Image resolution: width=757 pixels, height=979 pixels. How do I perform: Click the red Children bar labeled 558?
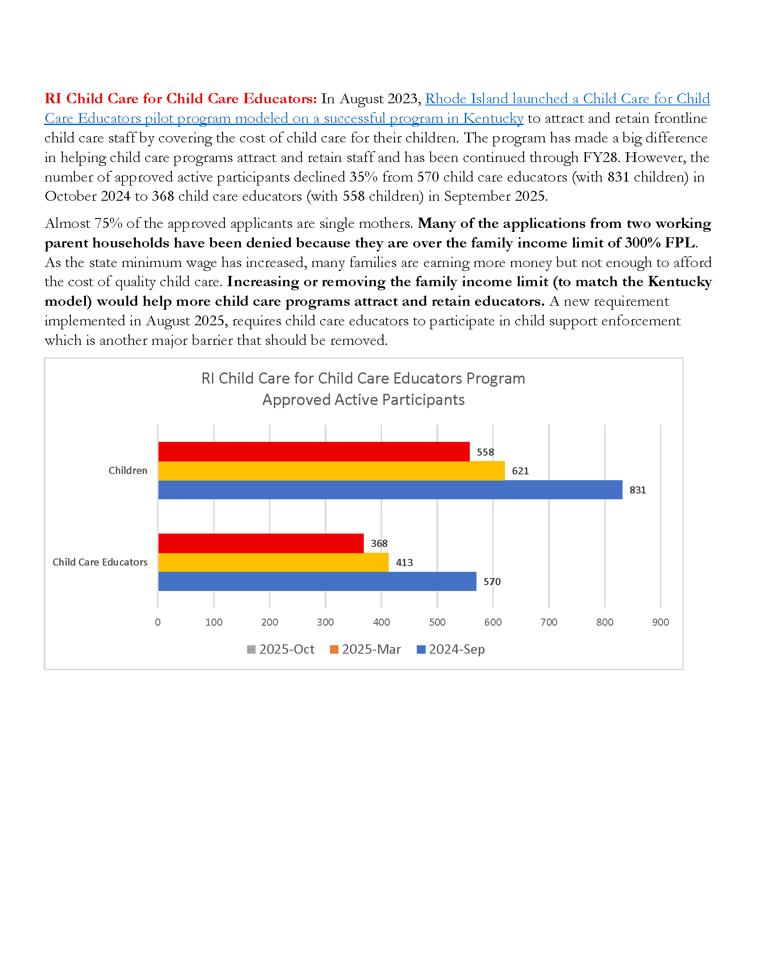tap(314, 451)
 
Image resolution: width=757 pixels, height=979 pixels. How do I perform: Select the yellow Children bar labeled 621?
tap(331, 471)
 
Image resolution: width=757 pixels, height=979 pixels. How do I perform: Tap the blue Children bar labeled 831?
tap(390, 489)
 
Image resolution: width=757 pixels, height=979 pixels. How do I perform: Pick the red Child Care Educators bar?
tap(261, 543)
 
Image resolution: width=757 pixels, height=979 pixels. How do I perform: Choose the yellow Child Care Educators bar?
tap(273, 562)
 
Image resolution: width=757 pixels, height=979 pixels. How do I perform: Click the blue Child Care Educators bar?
tap(317, 582)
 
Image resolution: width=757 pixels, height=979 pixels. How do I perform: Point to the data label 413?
tap(404, 562)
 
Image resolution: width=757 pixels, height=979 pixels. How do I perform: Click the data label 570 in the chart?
tap(492, 582)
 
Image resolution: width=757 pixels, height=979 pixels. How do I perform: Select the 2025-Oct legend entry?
tap(281, 649)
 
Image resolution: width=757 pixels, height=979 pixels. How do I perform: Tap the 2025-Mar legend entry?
tap(365, 649)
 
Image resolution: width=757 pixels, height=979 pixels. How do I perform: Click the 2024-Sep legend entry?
tap(451, 649)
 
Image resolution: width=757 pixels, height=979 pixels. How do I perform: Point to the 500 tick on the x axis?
tap(437, 622)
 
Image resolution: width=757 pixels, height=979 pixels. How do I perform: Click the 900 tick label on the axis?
tap(660, 622)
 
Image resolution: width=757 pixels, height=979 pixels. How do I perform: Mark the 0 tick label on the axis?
tap(158, 622)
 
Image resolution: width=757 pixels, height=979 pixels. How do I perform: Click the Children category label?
tap(128, 471)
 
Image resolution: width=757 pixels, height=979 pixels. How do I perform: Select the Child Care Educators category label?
tap(100, 562)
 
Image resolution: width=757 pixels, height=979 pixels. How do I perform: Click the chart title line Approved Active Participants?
tap(363, 400)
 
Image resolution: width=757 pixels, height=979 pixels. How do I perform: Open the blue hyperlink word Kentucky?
tap(493, 118)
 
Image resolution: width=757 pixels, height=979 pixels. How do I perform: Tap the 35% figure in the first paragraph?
tap(363, 177)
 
